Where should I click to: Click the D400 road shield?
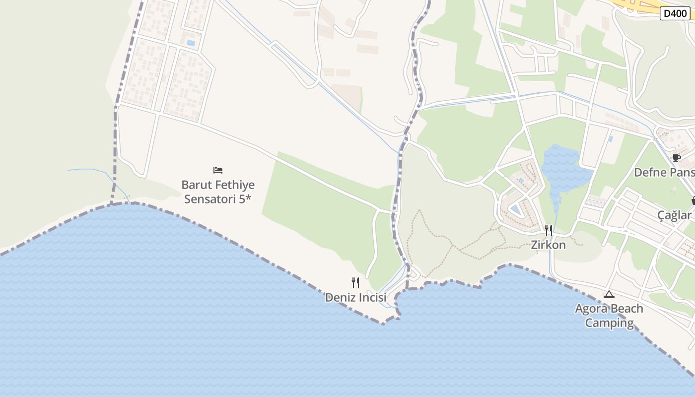pyautogui.click(x=675, y=13)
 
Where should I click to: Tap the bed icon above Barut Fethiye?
pyautogui.click(x=218, y=170)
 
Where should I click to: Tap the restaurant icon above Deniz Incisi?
pyautogui.click(x=355, y=283)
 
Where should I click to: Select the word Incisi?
pyautogui.click(x=371, y=298)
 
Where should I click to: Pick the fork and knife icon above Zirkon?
pyautogui.click(x=549, y=230)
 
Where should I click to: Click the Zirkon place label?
pyautogui.click(x=549, y=245)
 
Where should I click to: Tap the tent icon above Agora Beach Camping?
pyautogui.click(x=609, y=294)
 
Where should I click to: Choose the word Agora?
pyautogui.click(x=592, y=309)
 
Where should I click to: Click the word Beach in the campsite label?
pyautogui.click(x=626, y=309)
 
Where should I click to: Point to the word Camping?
pyautogui.click(x=609, y=323)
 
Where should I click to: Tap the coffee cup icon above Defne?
pyautogui.click(x=676, y=158)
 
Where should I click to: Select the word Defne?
pyautogui.click(x=650, y=172)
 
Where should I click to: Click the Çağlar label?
pyautogui.click(x=674, y=215)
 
